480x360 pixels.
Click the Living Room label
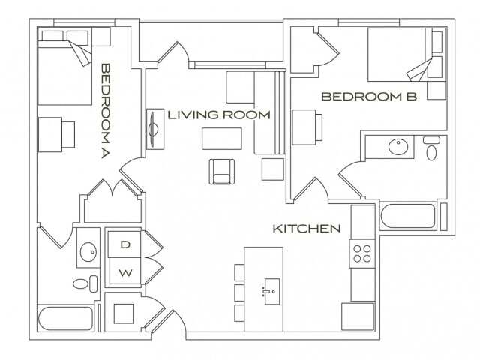(219, 115)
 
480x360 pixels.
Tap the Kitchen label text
(307, 229)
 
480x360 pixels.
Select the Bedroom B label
(369, 97)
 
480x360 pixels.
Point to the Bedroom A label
(105, 111)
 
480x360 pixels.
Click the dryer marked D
(125, 244)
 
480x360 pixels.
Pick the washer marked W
(125, 271)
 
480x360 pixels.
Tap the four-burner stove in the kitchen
(362, 253)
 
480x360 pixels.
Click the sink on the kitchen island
(271, 292)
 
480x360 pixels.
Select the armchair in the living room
(222, 172)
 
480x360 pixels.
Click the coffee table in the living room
(222, 139)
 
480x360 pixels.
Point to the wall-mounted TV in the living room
(153, 129)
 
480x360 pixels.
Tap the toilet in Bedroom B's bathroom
(431, 148)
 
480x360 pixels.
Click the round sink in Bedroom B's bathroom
(398, 147)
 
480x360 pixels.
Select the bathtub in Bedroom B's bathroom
(408, 216)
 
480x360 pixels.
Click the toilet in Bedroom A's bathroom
(85, 283)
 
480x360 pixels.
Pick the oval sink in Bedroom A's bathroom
(88, 252)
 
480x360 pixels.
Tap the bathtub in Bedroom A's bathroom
(65, 319)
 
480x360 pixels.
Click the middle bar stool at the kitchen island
(239, 292)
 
